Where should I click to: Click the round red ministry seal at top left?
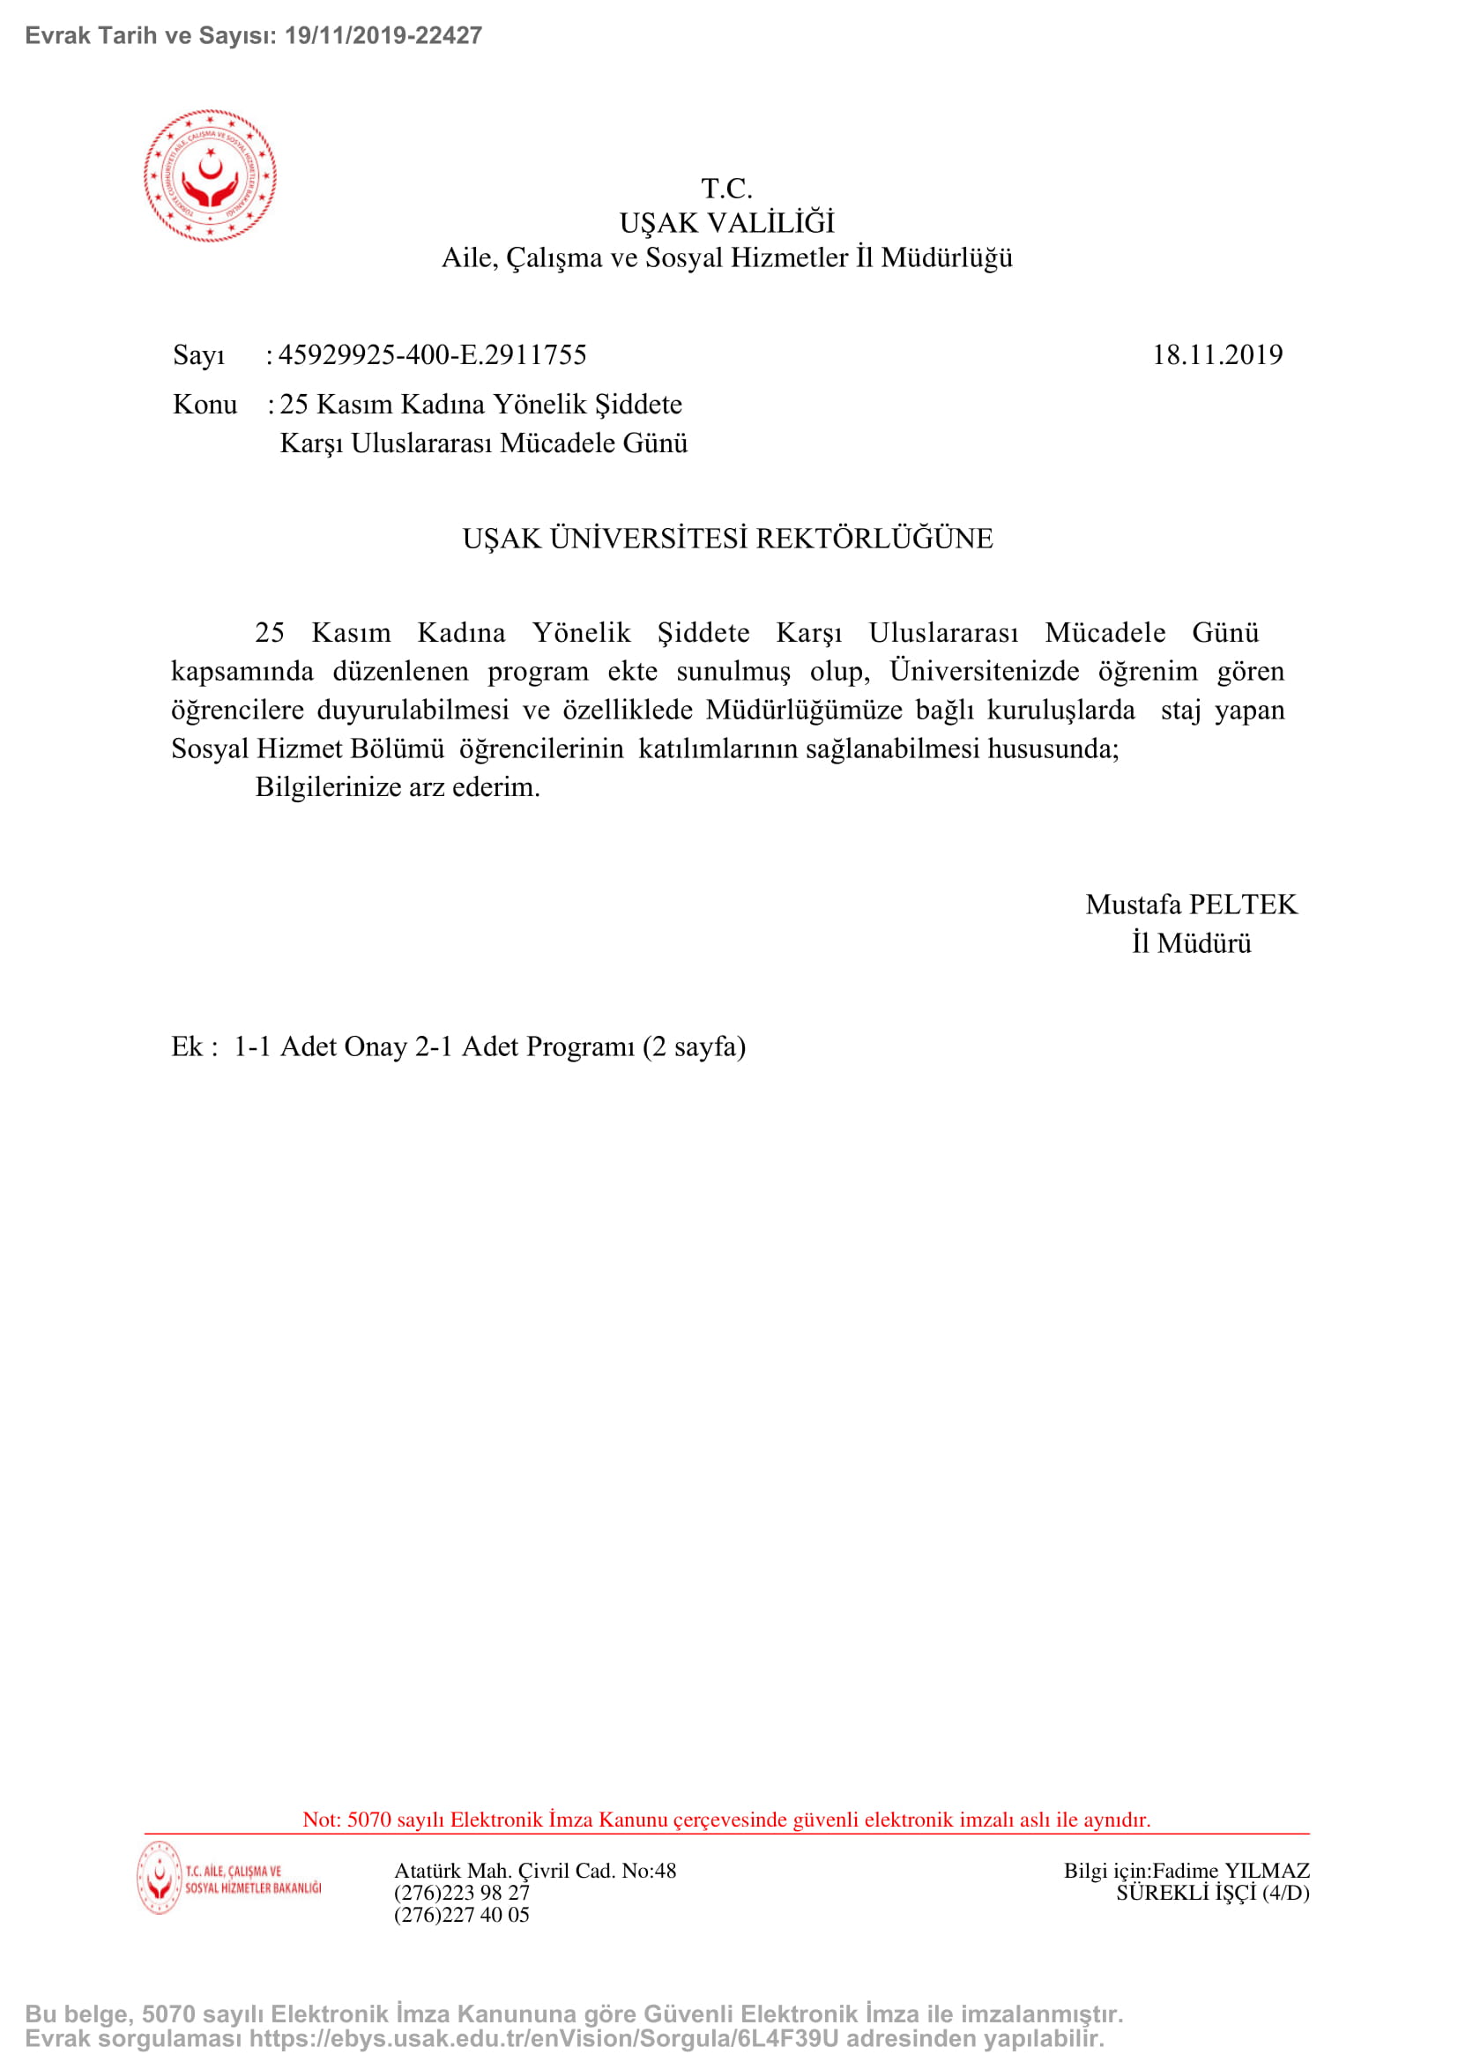coord(210,176)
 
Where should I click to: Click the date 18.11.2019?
coord(1216,354)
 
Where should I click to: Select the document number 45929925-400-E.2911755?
coord(432,354)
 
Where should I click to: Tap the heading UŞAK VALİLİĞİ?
coord(726,223)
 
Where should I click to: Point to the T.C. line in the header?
coord(726,189)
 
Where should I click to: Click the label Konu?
coord(205,404)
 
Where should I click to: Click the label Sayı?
coord(198,355)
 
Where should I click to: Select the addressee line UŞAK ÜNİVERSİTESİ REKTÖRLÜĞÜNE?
coord(727,539)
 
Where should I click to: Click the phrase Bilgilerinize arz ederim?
coord(398,786)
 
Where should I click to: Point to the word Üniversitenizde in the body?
coord(984,671)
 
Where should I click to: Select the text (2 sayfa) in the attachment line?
coord(694,1047)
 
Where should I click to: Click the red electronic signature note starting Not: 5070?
coord(726,1820)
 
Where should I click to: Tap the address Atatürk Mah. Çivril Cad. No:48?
coord(535,1871)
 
